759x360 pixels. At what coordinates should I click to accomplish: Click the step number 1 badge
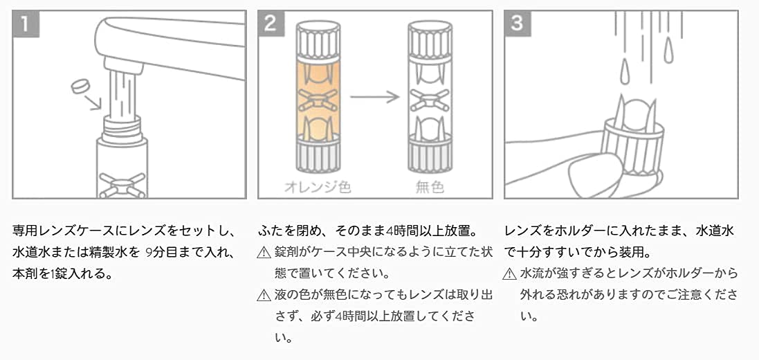26,24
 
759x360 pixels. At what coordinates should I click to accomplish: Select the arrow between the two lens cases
374,96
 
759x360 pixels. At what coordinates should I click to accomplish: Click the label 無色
431,187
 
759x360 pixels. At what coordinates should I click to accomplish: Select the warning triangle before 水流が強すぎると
510,274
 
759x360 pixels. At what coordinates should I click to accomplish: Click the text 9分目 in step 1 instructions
165,252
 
